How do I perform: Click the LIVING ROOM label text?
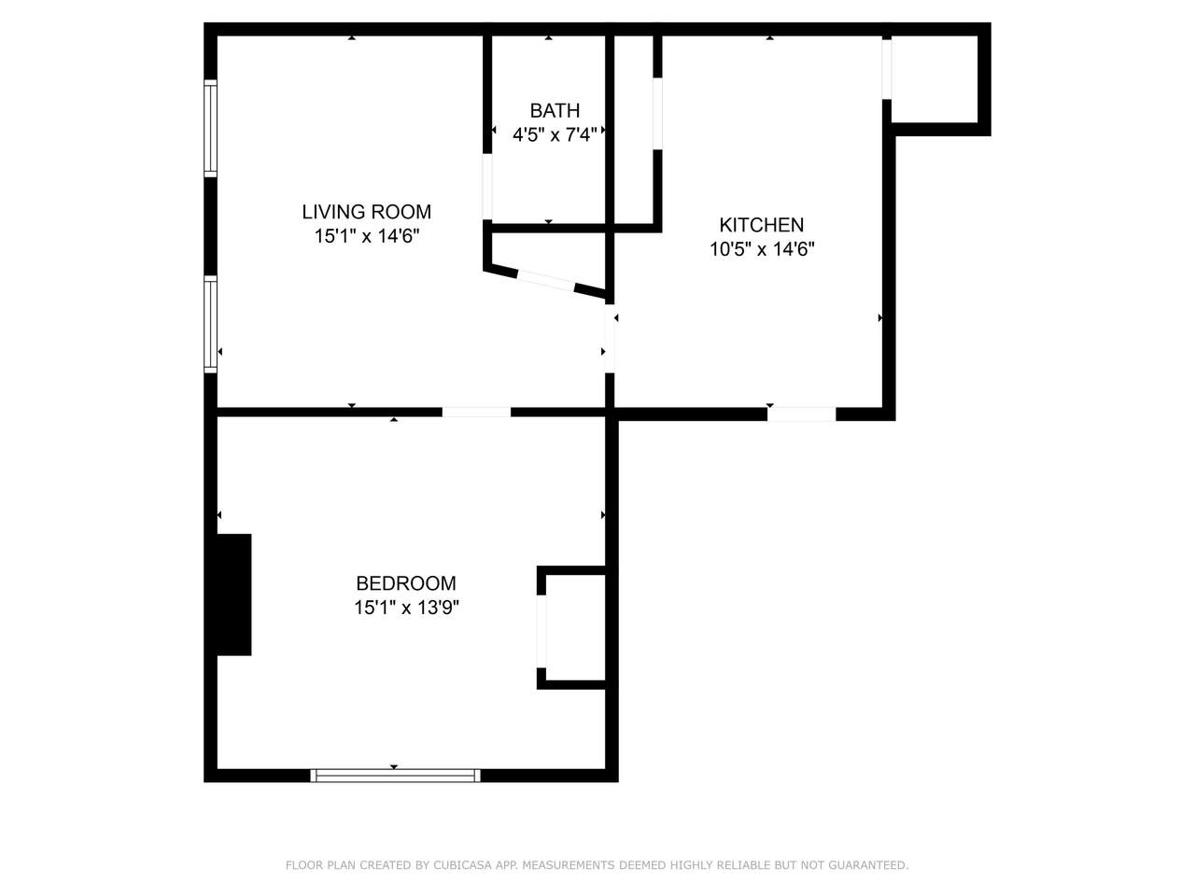[366, 212]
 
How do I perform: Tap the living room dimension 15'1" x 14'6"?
[366, 236]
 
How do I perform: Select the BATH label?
[555, 110]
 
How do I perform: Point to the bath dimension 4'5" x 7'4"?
[555, 134]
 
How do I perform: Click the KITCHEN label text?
[761, 225]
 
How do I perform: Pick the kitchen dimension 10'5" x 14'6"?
[762, 249]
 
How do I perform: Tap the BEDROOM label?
[405, 583]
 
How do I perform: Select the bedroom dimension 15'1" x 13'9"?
[406, 607]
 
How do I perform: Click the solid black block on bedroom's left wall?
[234, 595]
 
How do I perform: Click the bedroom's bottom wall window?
[395, 776]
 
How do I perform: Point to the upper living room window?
[210, 129]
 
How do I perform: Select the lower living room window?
[210, 324]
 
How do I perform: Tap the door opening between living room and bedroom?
[476, 412]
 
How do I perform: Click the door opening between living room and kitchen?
[610, 339]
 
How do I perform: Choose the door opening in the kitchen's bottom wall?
[801, 414]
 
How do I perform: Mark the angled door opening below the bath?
[545, 281]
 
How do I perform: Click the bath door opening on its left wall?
[487, 188]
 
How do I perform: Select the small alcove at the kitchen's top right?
[935, 79]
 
